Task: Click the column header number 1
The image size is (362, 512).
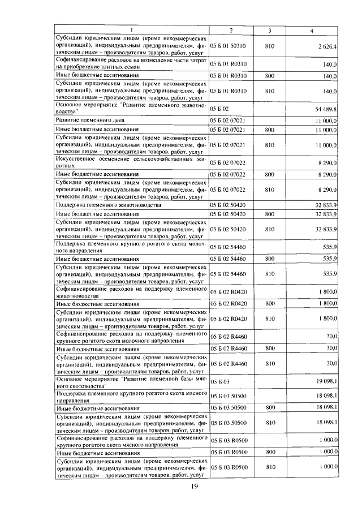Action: [x=131, y=29]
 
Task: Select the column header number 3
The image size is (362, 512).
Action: [x=270, y=29]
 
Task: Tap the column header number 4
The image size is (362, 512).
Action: [x=312, y=29]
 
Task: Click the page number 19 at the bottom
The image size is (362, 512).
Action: [x=194, y=487]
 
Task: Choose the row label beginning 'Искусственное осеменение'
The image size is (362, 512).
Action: [x=131, y=162]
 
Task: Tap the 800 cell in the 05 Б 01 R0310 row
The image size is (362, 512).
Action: [x=270, y=75]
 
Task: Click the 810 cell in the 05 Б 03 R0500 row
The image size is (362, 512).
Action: [x=270, y=467]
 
